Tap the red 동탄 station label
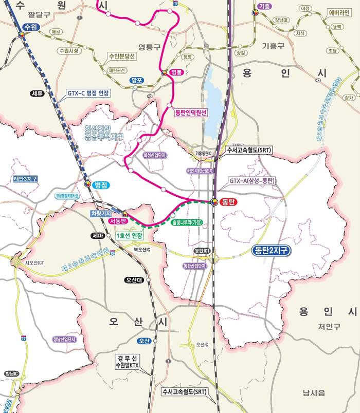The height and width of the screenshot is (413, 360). tap(227, 202)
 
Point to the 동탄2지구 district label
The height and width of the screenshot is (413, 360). tap(273, 251)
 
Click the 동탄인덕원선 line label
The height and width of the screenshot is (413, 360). tap(190, 112)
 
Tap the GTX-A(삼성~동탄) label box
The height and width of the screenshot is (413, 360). tap(252, 181)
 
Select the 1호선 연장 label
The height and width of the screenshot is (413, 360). tap(129, 235)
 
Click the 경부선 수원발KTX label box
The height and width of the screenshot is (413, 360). tap(130, 361)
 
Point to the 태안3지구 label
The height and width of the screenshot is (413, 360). tap(25, 179)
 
